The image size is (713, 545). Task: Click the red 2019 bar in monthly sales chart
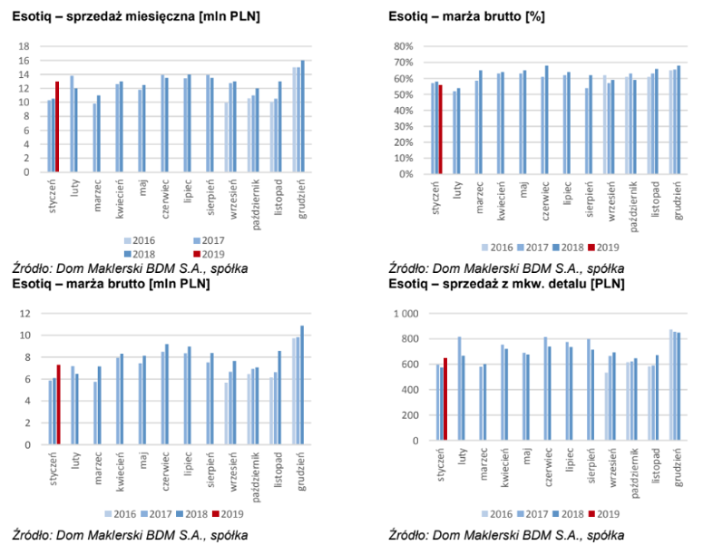point(57,127)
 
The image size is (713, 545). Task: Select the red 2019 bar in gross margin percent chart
point(441,130)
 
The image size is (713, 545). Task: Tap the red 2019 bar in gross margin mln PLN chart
point(59,404)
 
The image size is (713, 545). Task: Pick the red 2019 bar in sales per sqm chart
point(445,399)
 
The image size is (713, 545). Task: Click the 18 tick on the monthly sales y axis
point(24,46)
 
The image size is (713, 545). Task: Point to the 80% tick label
point(404,46)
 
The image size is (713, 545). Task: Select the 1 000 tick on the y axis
point(406,314)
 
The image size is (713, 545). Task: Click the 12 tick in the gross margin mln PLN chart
point(25,313)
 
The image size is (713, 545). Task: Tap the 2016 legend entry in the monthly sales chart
point(140,240)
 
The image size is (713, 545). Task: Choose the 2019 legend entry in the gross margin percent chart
point(604,248)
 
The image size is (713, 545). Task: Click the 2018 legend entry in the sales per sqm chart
point(569,514)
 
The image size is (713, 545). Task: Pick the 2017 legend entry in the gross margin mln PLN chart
point(156,514)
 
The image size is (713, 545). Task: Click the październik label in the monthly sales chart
point(256,204)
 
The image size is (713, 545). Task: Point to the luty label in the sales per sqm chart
point(463,456)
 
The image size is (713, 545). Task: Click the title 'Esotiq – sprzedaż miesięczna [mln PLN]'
point(136,17)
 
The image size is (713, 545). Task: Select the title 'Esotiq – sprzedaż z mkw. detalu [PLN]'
point(506,284)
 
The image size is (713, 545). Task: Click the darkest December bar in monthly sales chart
point(303,116)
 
